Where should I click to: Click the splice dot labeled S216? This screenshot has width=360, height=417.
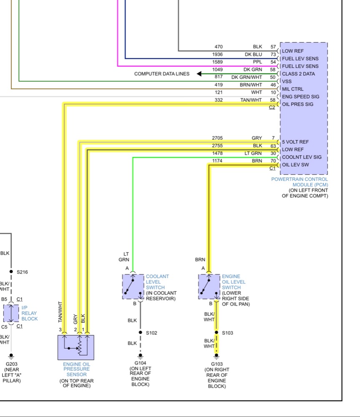[x=11, y=271]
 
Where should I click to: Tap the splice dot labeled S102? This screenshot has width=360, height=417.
[x=141, y=332]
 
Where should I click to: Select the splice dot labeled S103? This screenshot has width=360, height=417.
[x=217, y=332]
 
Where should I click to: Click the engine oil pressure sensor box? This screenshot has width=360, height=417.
[x=76, y=347]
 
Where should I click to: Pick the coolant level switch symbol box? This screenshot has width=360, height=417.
[x=133, y=287]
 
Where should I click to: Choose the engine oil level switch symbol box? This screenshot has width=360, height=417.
[x=209, y=287]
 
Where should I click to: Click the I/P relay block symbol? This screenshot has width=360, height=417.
[x=11, y=313]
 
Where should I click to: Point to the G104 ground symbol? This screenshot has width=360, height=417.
[x=141, y=356]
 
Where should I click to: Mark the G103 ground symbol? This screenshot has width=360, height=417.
[x=217, y=356]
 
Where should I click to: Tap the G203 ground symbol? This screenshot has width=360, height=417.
[x=11, y=356]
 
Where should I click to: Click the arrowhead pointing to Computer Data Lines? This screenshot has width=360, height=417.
[x=199, y=74]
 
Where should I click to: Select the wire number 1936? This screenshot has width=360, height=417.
[x=217, y=54]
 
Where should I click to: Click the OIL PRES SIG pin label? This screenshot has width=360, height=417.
[x=298, y=104]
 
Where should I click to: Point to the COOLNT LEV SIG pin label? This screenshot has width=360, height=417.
[x=302, y=157]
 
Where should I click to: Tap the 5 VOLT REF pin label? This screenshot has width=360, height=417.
[x=295, y=142]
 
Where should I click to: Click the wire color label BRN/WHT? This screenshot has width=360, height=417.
[x=251, y=85]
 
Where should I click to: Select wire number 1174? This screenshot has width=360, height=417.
[x=217, y=161]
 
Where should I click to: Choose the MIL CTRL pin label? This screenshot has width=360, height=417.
[x=293, y=89]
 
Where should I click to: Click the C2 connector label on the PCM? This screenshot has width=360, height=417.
[x=272, y=108]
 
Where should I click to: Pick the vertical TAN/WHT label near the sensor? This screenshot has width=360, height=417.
[x=60, y=312]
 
